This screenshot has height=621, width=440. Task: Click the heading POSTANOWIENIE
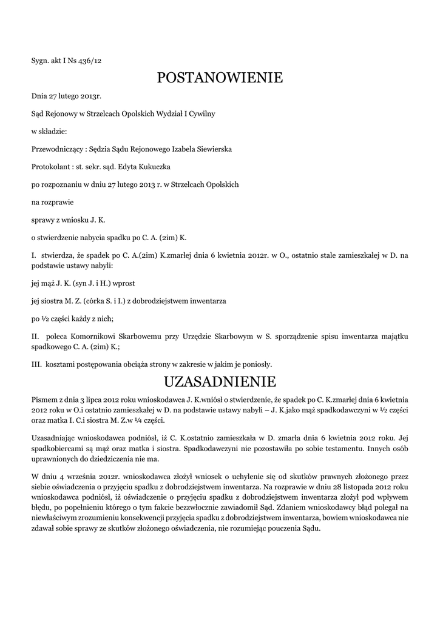(220, 78)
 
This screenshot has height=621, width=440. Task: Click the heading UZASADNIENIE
(220, 382)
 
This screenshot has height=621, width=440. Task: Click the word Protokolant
(48, 166)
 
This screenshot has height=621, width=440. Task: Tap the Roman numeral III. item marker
(36, 364)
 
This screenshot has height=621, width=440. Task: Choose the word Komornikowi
(92, 335)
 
